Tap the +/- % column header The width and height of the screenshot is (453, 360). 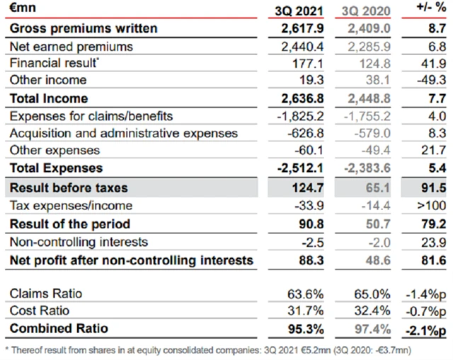(x=425, y=10)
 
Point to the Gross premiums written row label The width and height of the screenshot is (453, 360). (x=83, y=29)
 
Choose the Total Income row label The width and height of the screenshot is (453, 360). (x=48, y=98)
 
